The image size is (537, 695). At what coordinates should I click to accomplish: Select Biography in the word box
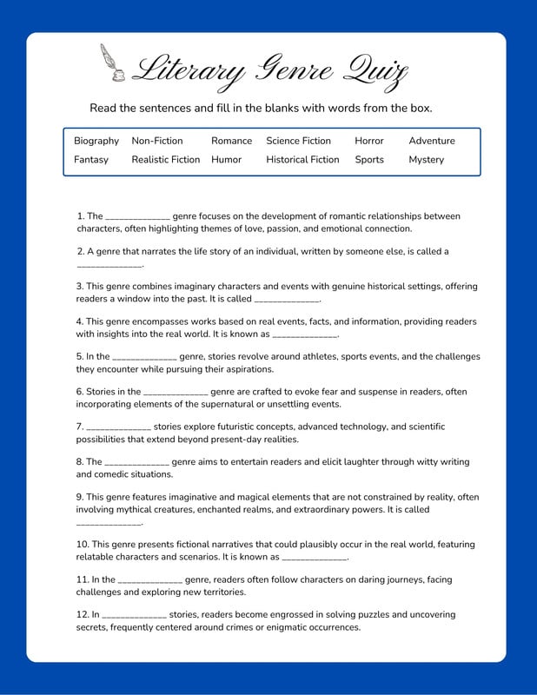pos(96,141)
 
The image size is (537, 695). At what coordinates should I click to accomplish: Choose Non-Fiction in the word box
pos(157,141)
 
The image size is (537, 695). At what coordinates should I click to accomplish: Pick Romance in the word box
pos(231,141)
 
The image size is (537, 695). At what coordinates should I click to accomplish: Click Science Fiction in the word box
pos(298,141)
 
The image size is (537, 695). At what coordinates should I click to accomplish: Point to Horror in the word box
pos(368,141)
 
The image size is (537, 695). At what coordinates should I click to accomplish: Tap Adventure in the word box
pos(431,141)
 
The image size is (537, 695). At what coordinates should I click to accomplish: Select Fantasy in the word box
pos(91,160)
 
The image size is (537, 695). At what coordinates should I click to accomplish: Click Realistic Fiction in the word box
pos(165,160)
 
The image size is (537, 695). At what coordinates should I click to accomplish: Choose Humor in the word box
pos(226,160)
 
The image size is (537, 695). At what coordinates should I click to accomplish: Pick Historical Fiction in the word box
pos(302,160)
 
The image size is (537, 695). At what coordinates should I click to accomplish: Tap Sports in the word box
pos(368,160)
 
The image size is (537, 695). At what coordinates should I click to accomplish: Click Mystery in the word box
pos(426,160)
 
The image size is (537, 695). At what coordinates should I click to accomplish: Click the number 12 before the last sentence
pos(82,614)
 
